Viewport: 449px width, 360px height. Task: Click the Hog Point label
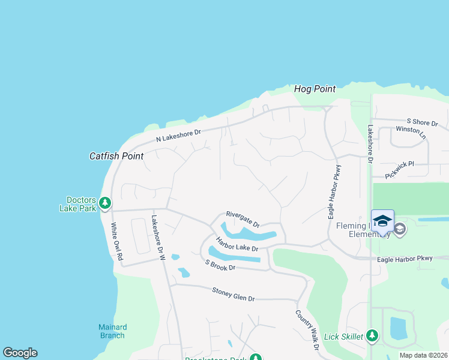click(315, 89)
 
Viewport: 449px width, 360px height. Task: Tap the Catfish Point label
click(116, 156)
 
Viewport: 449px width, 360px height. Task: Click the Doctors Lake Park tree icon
click(105, 203)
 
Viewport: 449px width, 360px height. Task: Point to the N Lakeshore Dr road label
click(178, 136)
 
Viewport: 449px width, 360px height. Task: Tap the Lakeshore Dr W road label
click(158, 238)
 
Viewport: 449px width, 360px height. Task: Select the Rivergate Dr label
click(243, 219)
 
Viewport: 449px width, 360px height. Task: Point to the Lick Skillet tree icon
click(372, 336)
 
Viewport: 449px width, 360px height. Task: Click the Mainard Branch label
click(113, 331)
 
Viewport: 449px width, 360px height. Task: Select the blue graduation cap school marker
click(382, 220)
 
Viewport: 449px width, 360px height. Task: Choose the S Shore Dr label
click(422, 122)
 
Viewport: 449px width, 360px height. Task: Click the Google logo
click(20, 353)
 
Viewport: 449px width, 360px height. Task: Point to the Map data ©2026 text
click(423, 355)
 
